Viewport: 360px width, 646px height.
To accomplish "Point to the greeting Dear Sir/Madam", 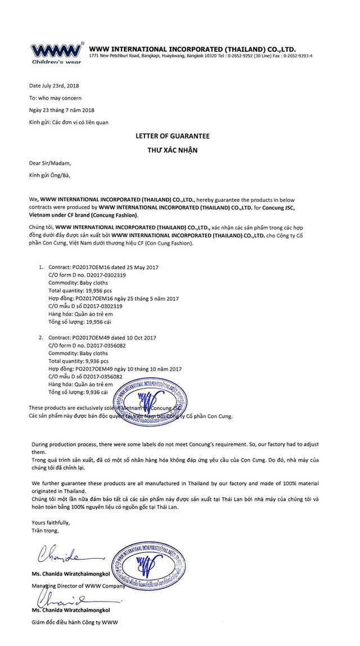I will coord(51,163).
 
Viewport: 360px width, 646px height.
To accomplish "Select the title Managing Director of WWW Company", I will coord(78,585).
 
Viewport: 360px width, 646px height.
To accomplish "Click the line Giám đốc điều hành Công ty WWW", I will coord(74,622).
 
